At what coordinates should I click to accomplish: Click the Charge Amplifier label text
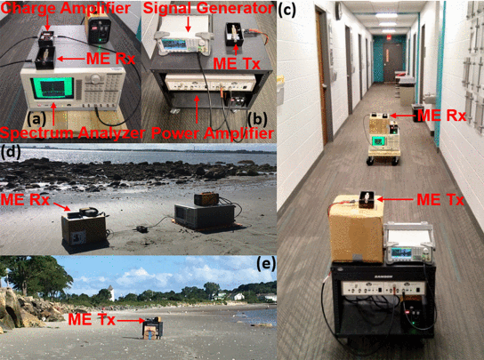coord(66,7)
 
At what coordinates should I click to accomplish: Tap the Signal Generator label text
coord(208,8)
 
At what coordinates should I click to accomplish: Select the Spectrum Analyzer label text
coord(73,133)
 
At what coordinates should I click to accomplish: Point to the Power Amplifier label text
coord(213,133)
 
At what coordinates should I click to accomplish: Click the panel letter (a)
coord(36,119)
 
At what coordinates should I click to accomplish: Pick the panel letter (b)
coord(258,119)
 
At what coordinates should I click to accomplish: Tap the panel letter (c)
coord(287,9)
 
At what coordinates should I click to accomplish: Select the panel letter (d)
coord(11,152)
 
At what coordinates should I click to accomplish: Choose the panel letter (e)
coord(266,263)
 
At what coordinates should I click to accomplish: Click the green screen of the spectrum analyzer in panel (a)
coord(52,88)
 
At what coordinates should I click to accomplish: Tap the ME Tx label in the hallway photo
coord(440,200)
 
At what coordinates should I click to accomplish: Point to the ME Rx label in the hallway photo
coord(441,116)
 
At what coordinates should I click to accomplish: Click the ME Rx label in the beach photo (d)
coord(25,200)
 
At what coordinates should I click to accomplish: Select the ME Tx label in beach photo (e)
coord(92,319)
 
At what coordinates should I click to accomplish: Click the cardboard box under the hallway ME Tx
coord(357,229)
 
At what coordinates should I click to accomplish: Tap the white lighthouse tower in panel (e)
coord(111,292)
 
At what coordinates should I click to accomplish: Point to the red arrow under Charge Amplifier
coord(47,22)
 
